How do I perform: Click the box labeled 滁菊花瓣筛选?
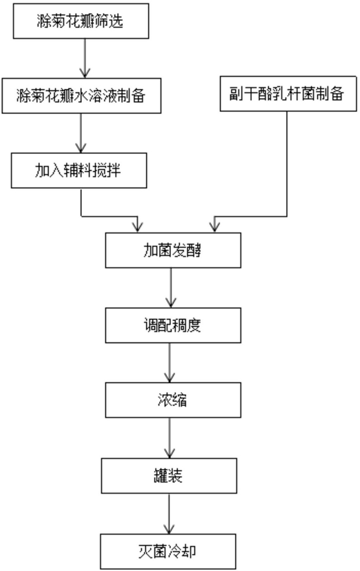(81, 21)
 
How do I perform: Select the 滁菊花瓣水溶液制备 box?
(82, 96)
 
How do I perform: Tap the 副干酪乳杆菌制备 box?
(288, 94)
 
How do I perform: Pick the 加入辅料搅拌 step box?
(79, 170)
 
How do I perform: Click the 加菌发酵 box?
(173, 250)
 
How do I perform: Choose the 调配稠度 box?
(173, 325)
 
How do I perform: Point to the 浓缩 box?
(173, 400)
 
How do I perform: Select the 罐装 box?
(169, 475)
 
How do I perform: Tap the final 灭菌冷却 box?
(168, 551)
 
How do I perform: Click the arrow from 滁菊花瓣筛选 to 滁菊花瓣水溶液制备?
(85, 58)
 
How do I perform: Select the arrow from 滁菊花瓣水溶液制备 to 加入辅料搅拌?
(81, 133)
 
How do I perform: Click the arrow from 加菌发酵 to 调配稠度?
(171, 287)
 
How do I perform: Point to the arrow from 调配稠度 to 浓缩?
(170, 363)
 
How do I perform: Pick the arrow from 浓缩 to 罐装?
(170, 437)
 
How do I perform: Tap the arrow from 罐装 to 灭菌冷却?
(169, 513)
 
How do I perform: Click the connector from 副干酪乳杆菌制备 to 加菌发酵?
(287, 216)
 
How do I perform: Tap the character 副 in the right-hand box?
(236, 94)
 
